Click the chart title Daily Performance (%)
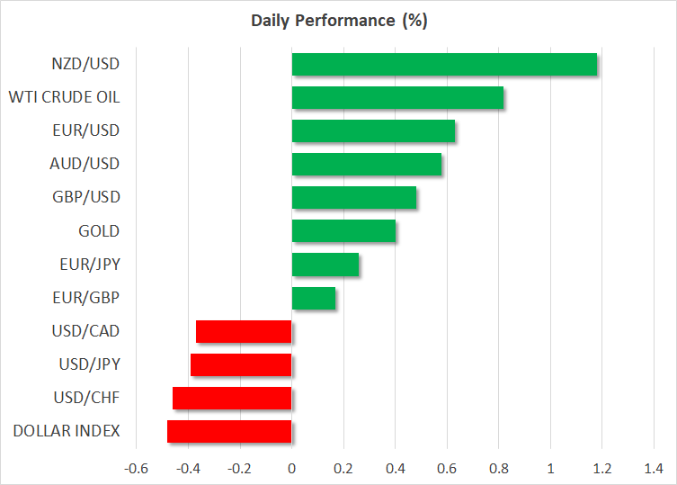(x=338, y=21)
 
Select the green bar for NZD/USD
(x=444, y=65)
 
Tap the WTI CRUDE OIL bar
(x=397, y=98)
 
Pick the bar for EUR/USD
(x=373, y=131)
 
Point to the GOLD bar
(x=343, y=231)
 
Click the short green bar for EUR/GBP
(x=314, y=298)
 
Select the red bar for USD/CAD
(x=244, y=331)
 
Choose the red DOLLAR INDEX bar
(x=229, y=431)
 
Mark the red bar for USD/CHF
(x=232, y=398)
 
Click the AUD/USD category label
(x=85, y=164)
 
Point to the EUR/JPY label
(x=88, y=265)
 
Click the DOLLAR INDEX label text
(x=66, y=431)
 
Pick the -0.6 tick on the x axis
(x=136, y=468)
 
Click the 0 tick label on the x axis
(x=291, y=468)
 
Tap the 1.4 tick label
(x=654, y=468)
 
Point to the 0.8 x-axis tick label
(x=498, y=468)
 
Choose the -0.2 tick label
(x=239, y=468)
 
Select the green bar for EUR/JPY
(x=325, y=265)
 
